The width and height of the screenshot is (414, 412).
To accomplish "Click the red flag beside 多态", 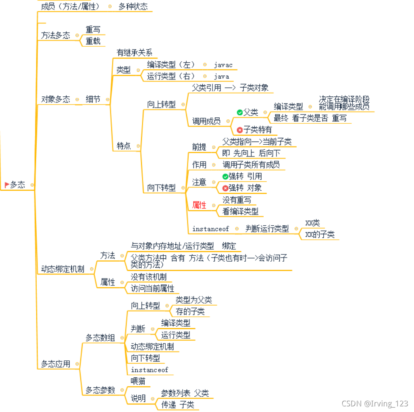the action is coord(7,185).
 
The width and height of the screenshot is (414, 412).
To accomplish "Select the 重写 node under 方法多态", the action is coord(93,30).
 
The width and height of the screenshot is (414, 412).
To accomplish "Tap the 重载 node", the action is coord(93,41).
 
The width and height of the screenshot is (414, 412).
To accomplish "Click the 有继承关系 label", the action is coord(134,53).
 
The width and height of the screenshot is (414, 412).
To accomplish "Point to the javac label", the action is coord(223,65).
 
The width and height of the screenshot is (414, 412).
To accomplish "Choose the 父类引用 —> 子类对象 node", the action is coord(230,88).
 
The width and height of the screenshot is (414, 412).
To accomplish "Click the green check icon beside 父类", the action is coord(239,112).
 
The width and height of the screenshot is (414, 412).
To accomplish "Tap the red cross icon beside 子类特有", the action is coord(239,130).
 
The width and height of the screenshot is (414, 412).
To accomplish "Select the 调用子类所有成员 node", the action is coord(251,164).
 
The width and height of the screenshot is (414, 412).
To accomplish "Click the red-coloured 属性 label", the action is coord(199,205).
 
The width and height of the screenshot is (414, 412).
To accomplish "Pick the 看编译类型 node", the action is coord(240,211).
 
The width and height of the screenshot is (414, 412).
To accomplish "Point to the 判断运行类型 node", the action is coord(267,229).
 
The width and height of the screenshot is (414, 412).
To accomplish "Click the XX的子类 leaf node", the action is coord(320,235).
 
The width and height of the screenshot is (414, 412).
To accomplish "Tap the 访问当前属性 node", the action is coord(152,288).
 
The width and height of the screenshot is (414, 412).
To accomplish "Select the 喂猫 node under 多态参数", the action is coord(138,381).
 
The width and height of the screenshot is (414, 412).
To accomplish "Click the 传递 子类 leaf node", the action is coord(178,405).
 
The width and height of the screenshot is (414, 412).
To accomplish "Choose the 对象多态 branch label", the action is coord(56,99).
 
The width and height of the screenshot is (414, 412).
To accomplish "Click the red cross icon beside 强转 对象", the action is coord(225,188).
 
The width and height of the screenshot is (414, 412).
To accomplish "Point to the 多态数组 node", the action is coord(100,338).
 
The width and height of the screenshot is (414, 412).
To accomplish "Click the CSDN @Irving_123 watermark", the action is coord(374,404).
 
